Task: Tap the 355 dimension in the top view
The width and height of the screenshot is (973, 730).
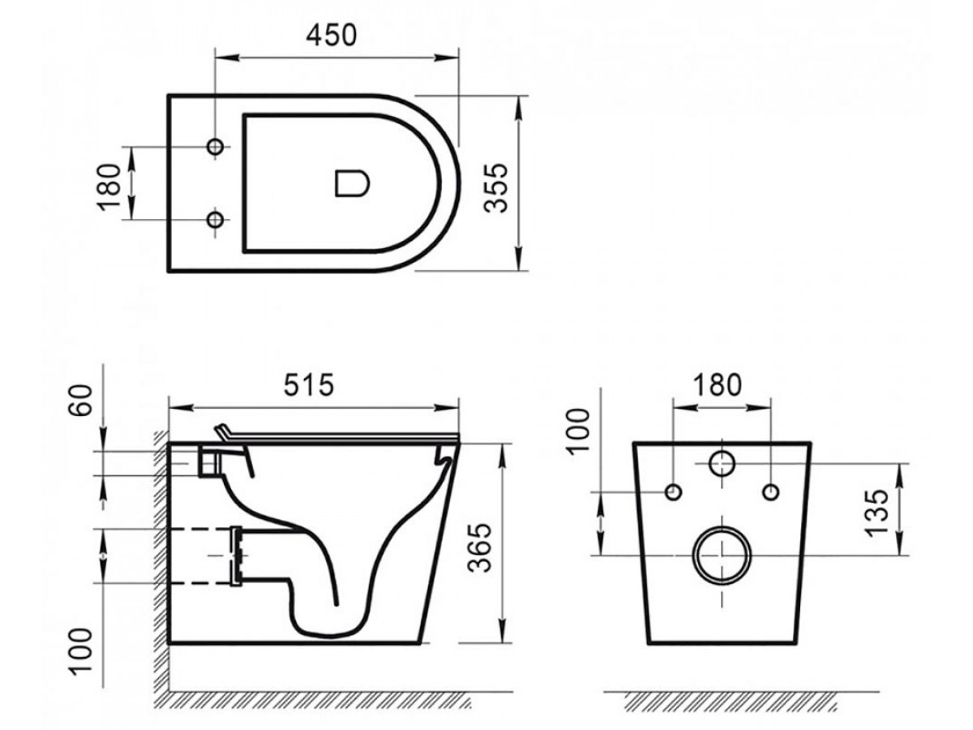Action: point(495,188)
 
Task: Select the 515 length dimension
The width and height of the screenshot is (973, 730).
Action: point(309,384)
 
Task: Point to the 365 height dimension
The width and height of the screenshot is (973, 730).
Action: point(480,547)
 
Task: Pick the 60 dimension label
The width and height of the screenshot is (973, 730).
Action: point(80,400)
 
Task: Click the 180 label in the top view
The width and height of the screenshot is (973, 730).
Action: point(109,187)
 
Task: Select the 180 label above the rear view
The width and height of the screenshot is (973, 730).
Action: point(717,384)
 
